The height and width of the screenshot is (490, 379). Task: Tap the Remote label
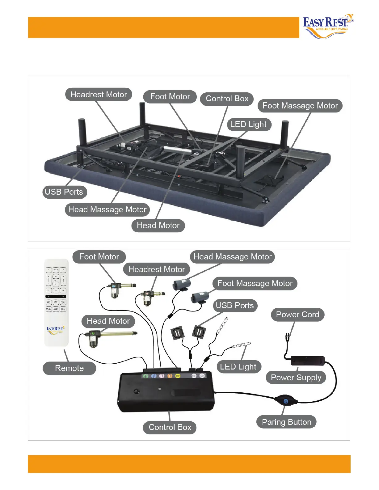pos(69,368)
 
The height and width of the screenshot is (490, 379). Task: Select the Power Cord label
pos(297,315)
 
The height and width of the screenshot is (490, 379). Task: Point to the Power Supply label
pos(296,378)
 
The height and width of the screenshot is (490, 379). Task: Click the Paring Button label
pos(286,422)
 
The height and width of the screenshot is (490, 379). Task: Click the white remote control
pos(56,303)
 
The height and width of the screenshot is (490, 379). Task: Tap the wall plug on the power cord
pos(288,337)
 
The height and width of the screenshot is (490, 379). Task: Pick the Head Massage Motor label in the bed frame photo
pos(107,209)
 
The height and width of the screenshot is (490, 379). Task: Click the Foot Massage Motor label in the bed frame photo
pos(300,106)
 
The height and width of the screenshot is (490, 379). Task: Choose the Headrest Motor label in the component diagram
pos(157,269)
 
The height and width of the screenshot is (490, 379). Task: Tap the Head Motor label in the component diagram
pos(108,321)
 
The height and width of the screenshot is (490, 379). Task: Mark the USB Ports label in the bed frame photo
pos(64,192)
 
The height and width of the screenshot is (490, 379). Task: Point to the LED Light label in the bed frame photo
pos(248,125)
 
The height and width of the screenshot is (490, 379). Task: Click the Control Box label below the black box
pos(170,427)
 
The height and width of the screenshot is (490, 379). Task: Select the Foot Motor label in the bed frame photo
pos(170,96)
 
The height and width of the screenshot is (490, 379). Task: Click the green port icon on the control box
pos(146,376)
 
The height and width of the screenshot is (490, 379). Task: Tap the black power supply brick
pos(308,361)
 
